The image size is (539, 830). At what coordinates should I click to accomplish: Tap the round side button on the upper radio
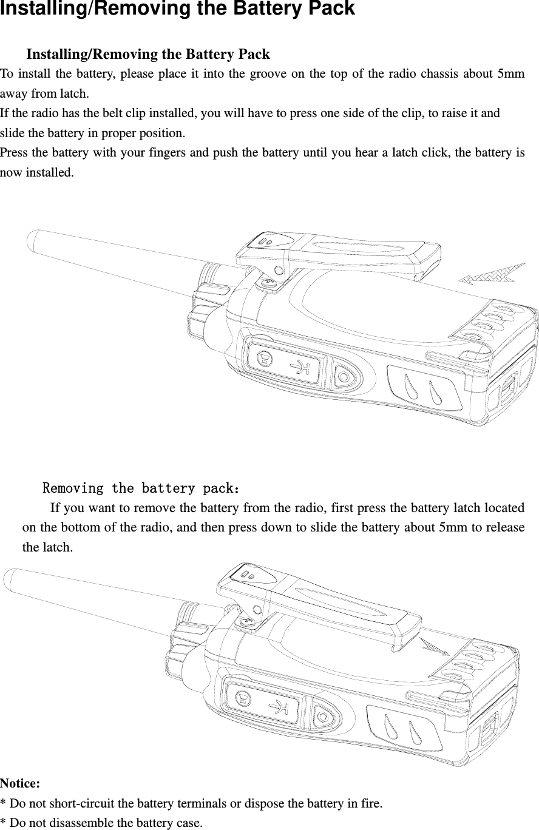(344, 377)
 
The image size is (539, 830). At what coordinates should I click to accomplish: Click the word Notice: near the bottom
(20, 783)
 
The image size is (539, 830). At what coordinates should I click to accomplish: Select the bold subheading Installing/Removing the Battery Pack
(148, 55)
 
